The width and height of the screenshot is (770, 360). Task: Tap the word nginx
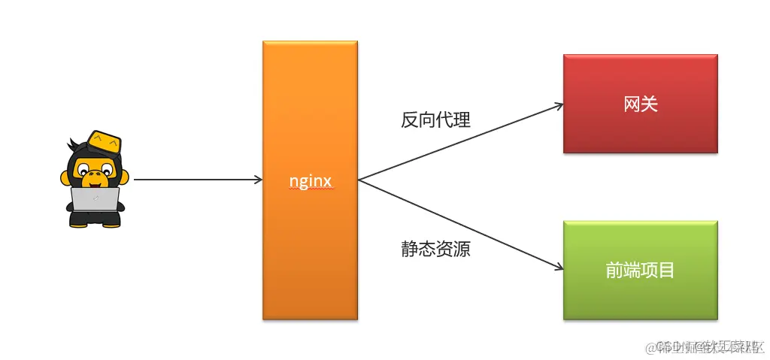(311, 181)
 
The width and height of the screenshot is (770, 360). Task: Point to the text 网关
(640, 104)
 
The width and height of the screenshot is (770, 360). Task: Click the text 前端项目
(640, 271)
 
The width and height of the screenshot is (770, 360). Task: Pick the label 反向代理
(435, 119)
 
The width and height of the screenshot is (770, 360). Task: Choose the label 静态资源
(435, 250)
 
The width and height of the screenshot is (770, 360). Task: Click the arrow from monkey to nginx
(196, 180)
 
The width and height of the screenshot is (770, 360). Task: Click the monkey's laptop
(95, 199)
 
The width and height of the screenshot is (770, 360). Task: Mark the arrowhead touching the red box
(557, 106)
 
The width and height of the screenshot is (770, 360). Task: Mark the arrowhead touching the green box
(557, 267)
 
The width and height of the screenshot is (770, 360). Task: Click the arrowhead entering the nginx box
(257, 180)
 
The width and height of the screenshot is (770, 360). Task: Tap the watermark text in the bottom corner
(707, 346)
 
